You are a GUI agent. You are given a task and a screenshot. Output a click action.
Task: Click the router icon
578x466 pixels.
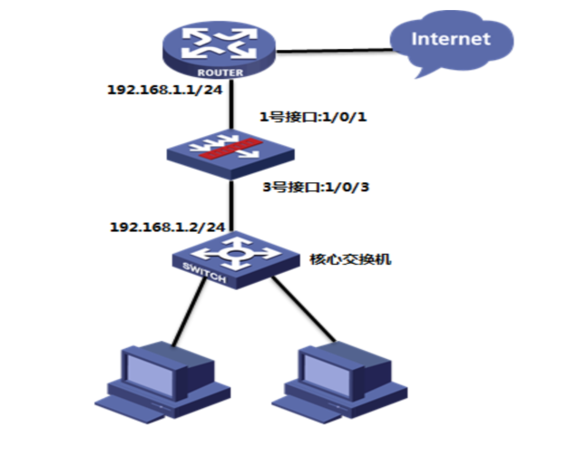point(220,49)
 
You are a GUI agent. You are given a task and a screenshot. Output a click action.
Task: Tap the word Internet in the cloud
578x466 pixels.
point(451,39)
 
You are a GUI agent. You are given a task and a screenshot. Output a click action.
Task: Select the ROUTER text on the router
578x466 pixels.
point(220,73)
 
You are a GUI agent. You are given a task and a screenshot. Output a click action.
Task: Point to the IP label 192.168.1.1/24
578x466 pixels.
point(165,90)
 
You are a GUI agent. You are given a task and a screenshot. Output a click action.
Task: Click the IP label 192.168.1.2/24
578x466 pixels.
point(167,227)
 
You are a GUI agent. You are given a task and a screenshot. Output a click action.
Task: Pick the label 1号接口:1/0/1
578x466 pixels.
point(313,117)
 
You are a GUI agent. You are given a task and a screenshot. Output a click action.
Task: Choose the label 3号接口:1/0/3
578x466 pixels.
point(316,187)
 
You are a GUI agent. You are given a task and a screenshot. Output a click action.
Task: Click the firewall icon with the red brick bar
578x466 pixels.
point(230,155)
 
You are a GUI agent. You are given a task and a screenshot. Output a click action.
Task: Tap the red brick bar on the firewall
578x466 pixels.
point(230,149)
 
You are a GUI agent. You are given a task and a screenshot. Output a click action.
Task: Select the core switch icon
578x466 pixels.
point(236,260)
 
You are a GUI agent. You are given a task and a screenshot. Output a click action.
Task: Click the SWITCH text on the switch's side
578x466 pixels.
point(204,273)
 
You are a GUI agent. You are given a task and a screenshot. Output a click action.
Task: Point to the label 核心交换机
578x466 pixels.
point(350,259)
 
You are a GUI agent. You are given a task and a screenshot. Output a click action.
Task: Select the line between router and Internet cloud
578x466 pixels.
point(334,51)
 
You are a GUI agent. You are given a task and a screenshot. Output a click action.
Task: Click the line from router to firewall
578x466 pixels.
point(231,105)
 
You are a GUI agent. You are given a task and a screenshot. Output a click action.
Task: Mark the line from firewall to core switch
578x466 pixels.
point(231,206)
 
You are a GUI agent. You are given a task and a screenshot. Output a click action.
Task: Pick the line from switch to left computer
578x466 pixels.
point(189,312)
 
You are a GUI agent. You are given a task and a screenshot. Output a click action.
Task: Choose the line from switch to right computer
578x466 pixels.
point(304,309)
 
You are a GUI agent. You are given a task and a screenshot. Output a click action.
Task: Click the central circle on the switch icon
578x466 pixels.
point(235,254)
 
